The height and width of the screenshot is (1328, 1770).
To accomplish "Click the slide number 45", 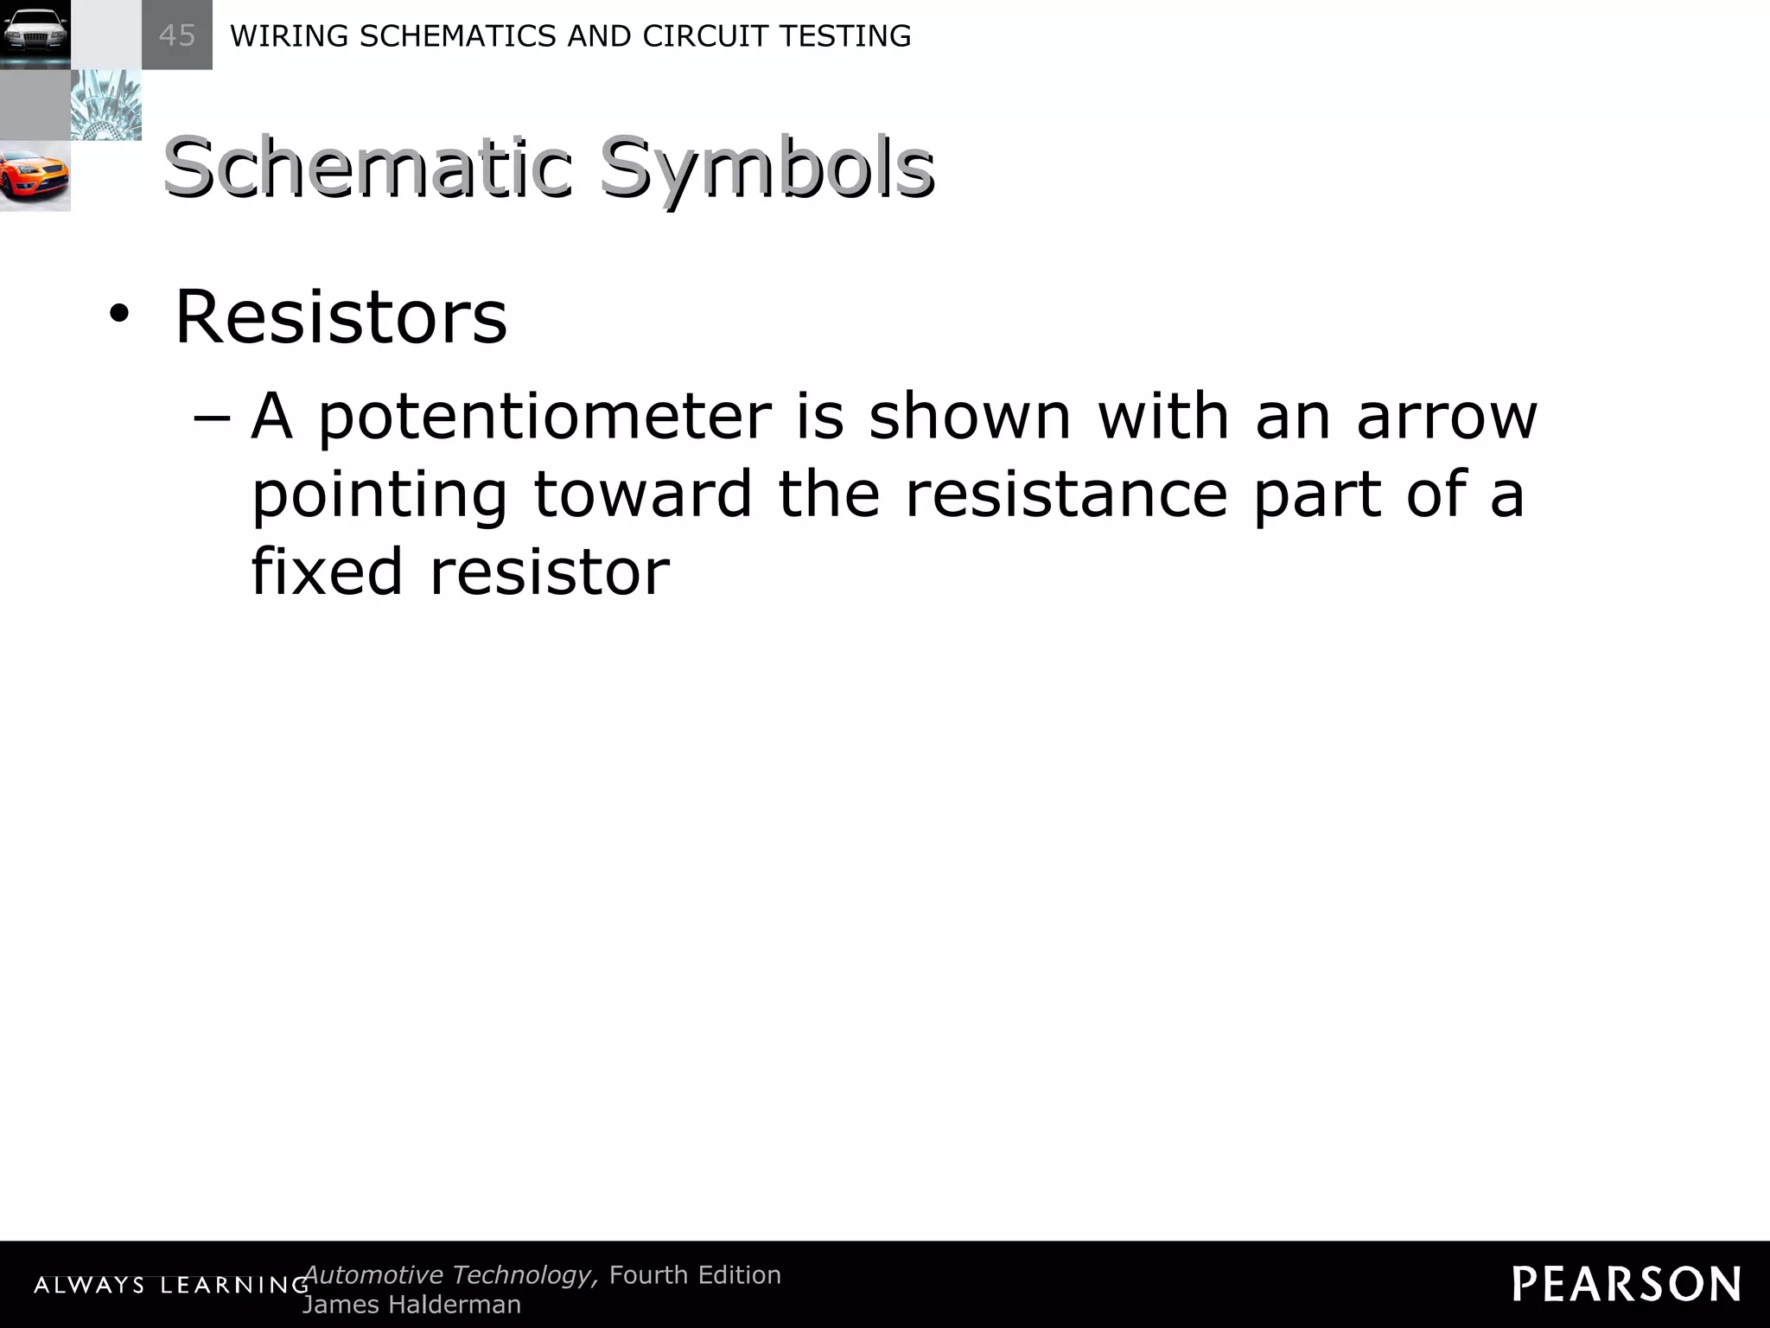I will coord(177,35).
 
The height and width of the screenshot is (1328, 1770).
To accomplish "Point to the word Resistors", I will coord(341,316).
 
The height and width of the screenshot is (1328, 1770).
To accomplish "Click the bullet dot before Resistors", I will coord(118,316).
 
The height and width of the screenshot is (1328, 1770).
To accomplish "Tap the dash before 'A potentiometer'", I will coord(212,417).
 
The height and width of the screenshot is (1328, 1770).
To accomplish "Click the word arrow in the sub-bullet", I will coord(1447,417).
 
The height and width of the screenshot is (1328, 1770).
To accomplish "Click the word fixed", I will coord(328,571).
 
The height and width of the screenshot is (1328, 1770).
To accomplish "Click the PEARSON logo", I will coord(1627,1284).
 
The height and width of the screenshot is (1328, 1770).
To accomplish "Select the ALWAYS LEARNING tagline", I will coord(171,1286).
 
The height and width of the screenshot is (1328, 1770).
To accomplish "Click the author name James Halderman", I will coord(412,1304).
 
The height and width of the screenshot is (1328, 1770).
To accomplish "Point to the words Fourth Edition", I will coord(695,1274).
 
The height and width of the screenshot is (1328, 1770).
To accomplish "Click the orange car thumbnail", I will coord(35,176).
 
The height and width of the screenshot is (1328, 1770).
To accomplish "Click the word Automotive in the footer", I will coord(374,1274).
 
